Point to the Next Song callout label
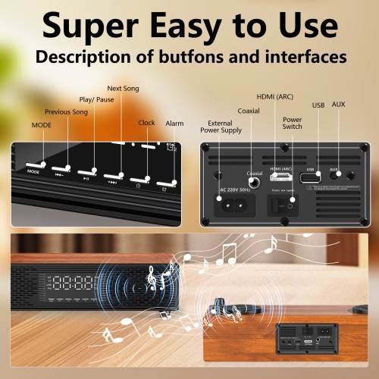click(124, 88)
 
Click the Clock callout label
click(146, 122)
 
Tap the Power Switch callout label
click(292, 122)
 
